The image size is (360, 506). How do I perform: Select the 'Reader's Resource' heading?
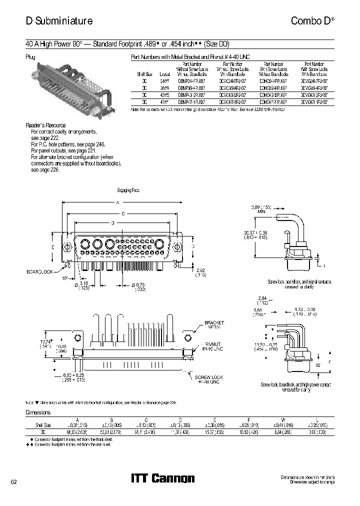45,125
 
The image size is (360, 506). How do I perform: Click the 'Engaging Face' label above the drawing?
128,191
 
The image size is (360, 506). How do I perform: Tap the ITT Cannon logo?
162,478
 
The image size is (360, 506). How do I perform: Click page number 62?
13,481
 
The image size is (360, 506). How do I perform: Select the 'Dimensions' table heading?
38,412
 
